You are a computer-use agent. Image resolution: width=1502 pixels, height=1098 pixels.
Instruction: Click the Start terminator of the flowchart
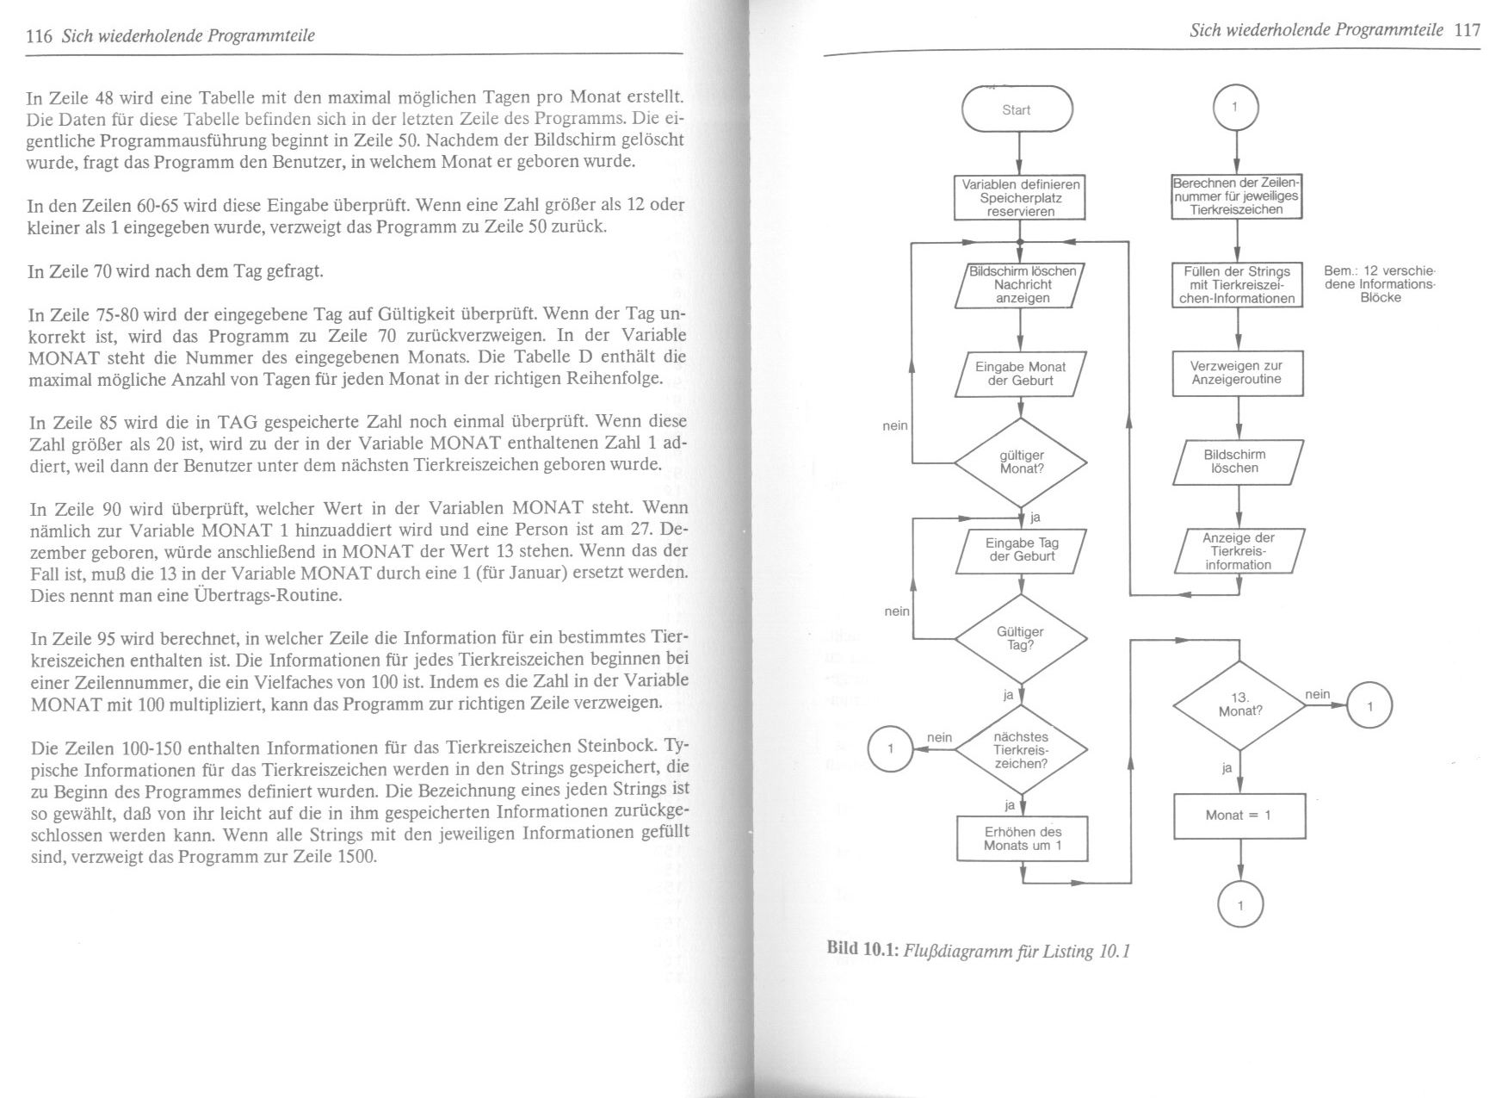click(1017, 109)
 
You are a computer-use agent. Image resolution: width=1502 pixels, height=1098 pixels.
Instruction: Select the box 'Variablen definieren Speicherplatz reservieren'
click(1020, 197)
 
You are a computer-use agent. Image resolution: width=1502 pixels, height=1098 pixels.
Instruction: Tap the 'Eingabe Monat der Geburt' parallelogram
click(1020, 374)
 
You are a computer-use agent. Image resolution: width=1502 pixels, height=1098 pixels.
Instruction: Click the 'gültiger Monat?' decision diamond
click(1021, 462)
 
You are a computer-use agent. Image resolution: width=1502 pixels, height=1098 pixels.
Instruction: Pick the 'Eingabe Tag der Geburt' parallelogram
click(1022, 549)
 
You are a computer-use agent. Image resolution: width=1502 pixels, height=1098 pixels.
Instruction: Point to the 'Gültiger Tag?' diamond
click(1021, 638)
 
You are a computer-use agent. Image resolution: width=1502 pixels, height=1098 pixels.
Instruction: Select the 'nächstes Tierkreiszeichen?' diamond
click(1021, 749)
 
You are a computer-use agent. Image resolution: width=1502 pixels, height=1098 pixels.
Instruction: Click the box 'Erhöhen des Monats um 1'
click(1022, 838)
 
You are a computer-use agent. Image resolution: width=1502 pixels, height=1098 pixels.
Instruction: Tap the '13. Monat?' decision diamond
click(1239, 704)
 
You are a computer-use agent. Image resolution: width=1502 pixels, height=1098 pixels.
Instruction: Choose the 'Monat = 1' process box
click(1239, 815)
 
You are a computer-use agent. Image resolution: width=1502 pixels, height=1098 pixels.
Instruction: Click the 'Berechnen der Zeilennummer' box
click(1237, 196)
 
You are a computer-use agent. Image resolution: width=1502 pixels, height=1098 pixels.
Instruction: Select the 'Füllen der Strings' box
click(1238, 285)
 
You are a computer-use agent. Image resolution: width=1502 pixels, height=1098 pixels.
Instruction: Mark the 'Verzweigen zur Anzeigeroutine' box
click(1237, 373)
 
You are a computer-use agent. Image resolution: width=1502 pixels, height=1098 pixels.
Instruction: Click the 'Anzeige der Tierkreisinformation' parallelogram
click(1239, 551)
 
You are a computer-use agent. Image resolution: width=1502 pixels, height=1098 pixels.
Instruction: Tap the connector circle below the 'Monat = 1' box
click(1240, 905)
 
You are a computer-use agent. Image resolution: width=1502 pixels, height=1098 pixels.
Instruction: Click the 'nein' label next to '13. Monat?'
click(1318, 694)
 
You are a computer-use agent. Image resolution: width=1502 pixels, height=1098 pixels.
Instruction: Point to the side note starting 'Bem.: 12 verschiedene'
click(1380, 284)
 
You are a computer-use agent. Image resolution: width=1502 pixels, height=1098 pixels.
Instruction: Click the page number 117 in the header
click(1467, 30)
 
